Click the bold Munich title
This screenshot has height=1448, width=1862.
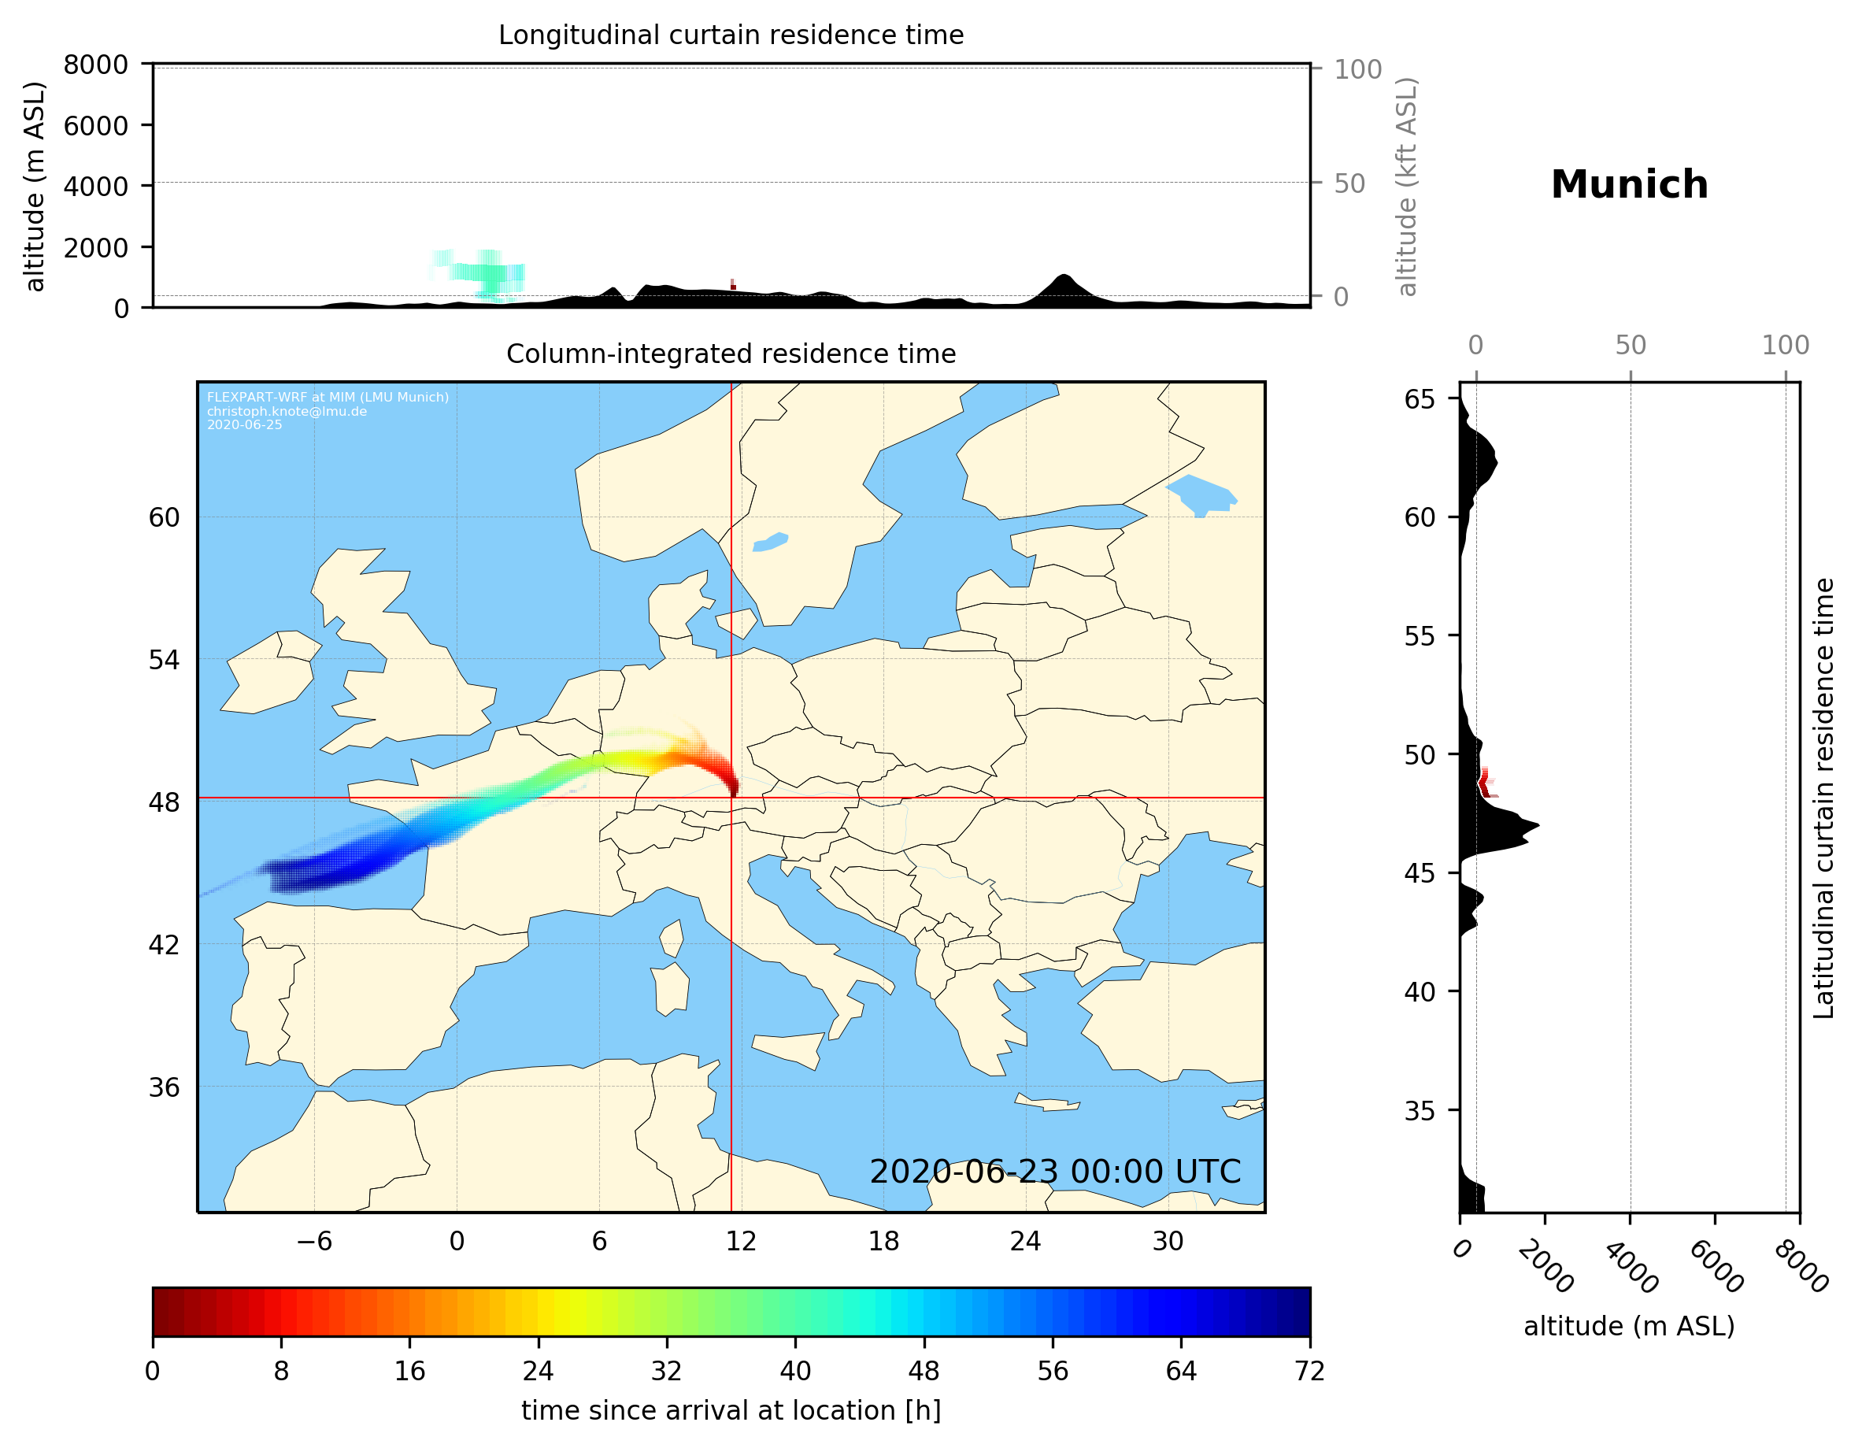[1628, 185]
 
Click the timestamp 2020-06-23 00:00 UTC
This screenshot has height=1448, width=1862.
[1055, 1172]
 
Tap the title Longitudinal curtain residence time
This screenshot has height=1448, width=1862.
[731, 35]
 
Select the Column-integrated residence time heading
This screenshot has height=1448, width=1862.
[731, 354]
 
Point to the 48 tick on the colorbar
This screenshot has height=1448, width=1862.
[924, 1370]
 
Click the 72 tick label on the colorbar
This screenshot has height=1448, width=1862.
[1309, 1370]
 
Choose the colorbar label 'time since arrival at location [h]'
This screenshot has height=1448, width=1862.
[731, 1410]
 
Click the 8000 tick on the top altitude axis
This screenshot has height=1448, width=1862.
[95, 65]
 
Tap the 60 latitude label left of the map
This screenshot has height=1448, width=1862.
[164, 517]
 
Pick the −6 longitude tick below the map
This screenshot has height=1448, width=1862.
[313, 1241]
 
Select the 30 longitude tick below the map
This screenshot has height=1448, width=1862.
[1167, 1241]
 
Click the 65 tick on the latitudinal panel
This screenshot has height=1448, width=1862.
[1420, 399]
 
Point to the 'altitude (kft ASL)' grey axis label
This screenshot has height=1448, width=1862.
[1407, 187]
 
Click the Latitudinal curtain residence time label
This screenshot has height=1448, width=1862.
[1823, 798]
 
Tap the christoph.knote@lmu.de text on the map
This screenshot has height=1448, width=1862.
[287, 412]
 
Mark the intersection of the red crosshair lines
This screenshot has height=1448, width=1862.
[731, 798]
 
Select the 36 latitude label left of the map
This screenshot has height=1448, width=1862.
[164, 1087]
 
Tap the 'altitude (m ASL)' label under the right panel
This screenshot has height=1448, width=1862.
[1628, 1326]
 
